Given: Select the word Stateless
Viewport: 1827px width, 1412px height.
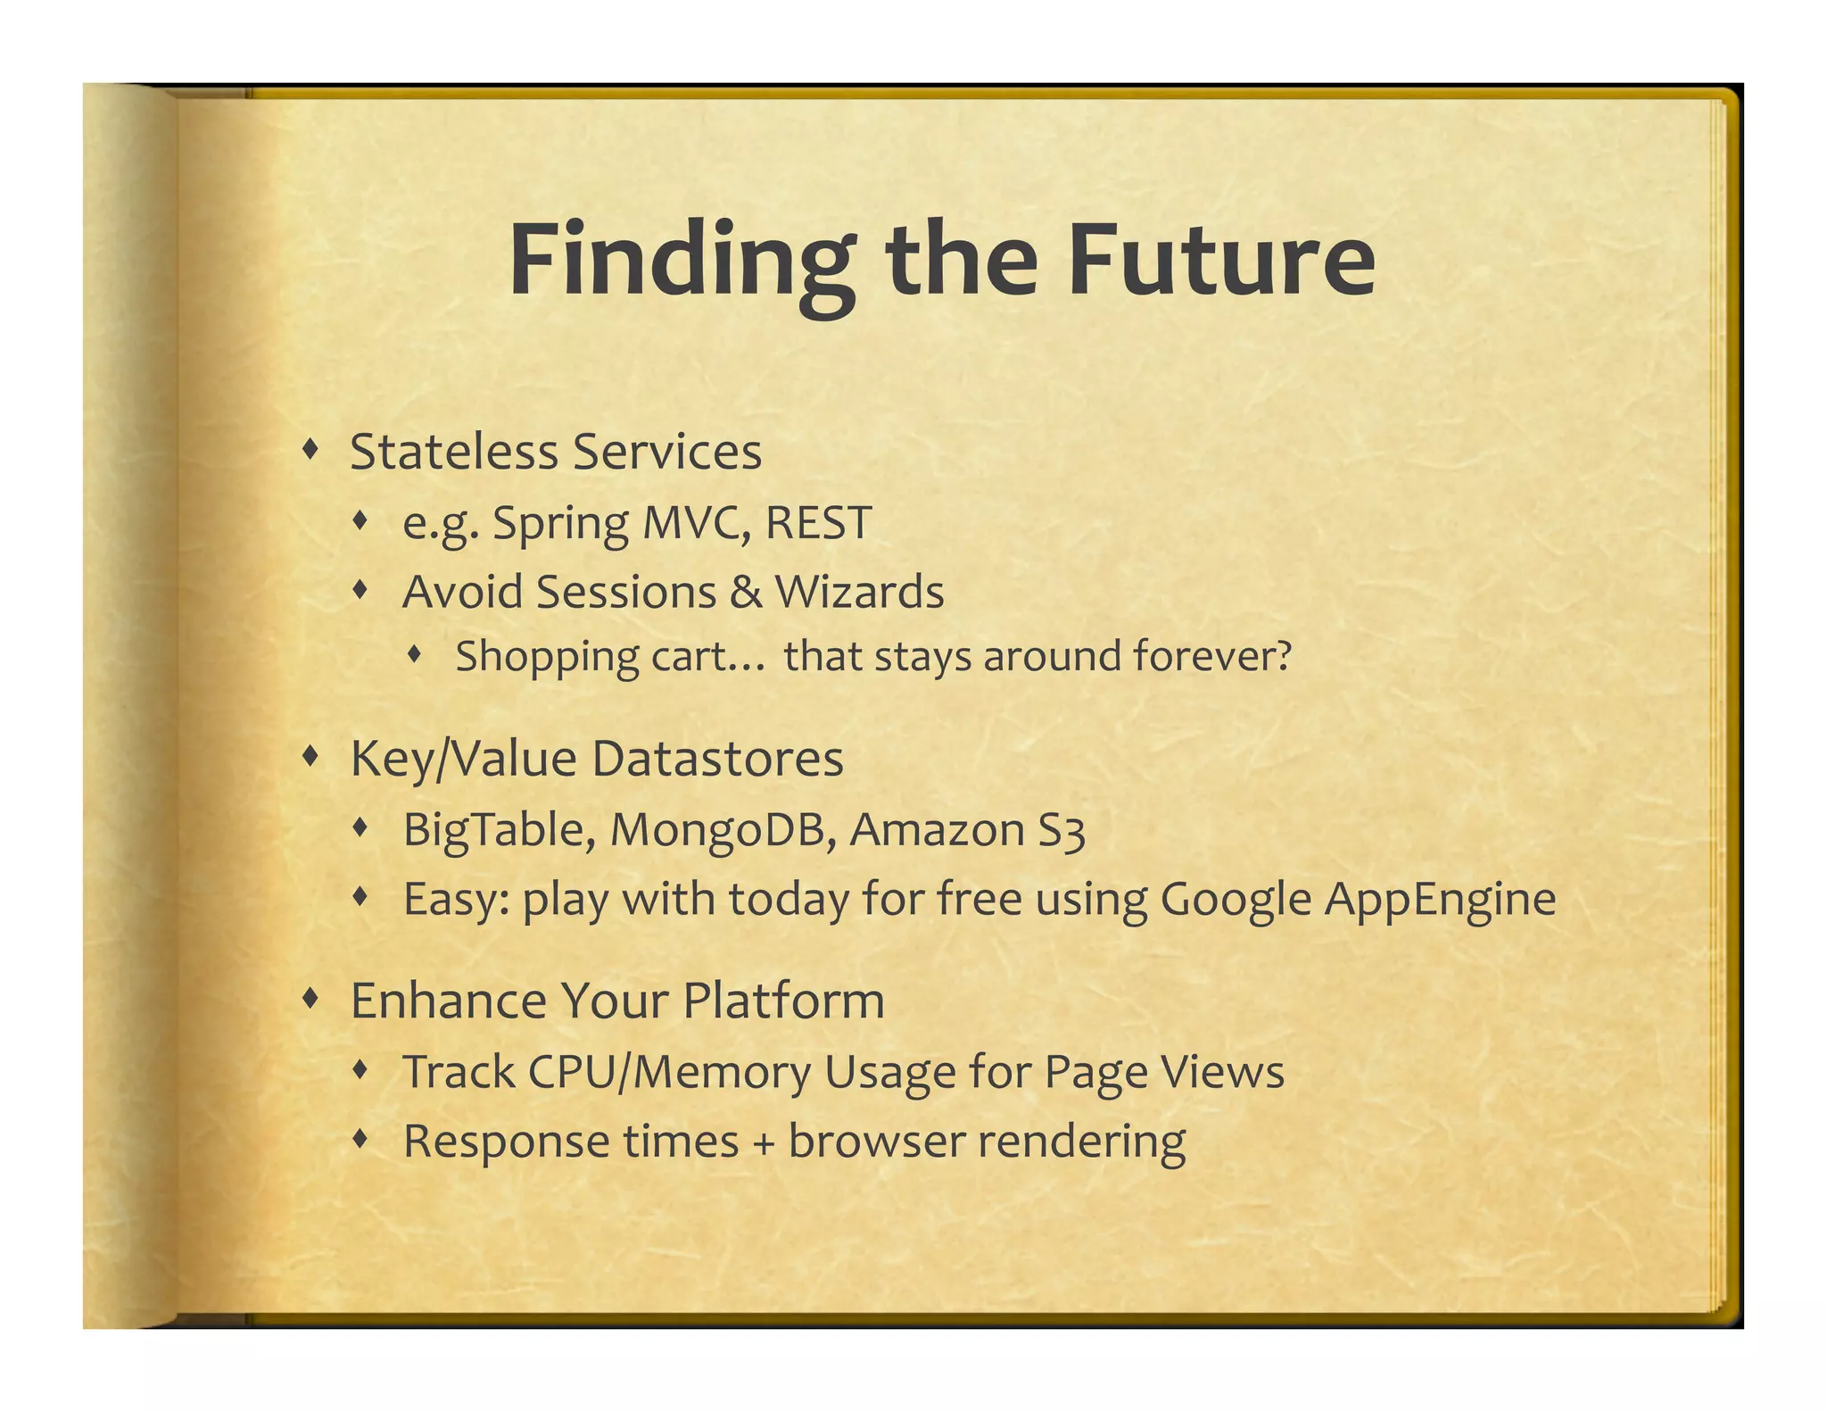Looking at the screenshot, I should (454, 452).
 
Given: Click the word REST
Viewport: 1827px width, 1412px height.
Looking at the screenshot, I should (818, 523).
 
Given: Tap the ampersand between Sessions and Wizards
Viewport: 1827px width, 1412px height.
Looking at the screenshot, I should (746, 593).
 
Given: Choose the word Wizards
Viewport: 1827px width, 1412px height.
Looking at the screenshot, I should (859, 593).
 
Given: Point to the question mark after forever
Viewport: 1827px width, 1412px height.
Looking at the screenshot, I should (1282, 656).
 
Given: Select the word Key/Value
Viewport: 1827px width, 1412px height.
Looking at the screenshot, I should (464, 760).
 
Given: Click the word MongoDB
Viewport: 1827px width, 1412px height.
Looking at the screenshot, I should (723, 830).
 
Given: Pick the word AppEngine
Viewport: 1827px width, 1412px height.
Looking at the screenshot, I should (1440, 900).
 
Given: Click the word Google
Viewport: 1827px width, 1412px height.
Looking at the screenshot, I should (1236, 900).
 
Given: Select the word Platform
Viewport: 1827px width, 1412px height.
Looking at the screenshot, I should (783, 1001).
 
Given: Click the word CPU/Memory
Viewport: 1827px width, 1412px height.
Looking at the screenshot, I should (669, 1072).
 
